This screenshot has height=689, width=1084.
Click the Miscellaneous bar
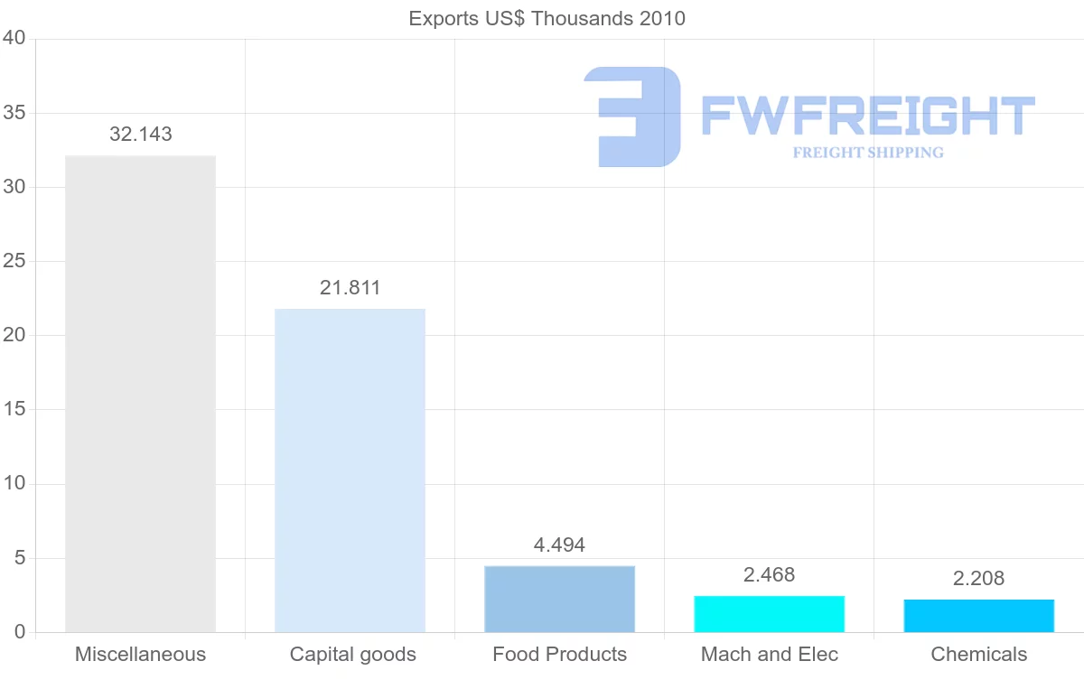[140, 394]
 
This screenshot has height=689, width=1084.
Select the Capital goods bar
[350, 470]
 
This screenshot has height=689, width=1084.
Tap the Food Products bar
[559, 599]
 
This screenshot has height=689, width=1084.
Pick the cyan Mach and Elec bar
[769, 614]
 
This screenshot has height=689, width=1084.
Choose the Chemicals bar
[978, 616]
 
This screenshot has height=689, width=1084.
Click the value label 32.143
[140, 135]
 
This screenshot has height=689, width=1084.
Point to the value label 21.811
[350, 288]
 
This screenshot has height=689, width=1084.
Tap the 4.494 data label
[559, 545]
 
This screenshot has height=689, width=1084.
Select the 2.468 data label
[769, 575]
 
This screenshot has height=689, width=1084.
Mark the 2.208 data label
[978, 579]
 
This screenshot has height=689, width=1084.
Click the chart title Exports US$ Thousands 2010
[547, 19]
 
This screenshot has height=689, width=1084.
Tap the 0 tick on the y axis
[19, 632]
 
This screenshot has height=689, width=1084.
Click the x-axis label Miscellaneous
[140, 655]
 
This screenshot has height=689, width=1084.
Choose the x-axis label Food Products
[559, 655]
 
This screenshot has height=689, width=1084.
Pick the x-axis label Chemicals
[978, 655]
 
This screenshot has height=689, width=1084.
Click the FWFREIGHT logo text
[867, 116]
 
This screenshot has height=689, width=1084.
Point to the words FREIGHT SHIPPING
[867, 153]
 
